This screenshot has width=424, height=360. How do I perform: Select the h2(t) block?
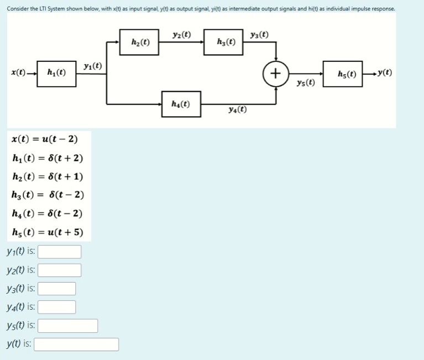click(139, 43)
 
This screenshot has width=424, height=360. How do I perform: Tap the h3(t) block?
click(223, 43)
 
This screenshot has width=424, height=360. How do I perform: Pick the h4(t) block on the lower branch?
click(181, 104)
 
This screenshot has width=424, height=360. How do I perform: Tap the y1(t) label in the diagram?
click(92, 66)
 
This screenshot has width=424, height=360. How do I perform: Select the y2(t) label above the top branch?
click(182, 34)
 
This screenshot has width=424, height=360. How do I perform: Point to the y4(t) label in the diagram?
click(237, 109)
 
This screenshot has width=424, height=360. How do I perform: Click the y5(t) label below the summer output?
click(306, 83)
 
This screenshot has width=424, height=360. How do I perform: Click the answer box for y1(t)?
click(59, 252)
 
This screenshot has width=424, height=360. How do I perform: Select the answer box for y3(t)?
click(56, 289)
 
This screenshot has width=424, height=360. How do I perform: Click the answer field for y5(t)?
click(67, 326)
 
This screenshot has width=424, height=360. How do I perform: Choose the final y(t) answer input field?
click(76, 345)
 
